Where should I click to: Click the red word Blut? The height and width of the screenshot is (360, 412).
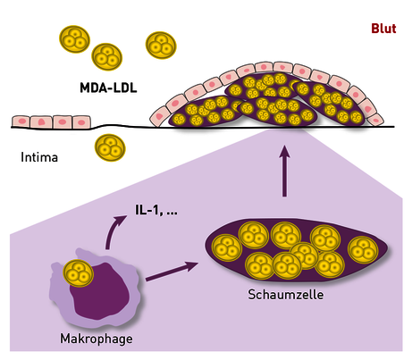383,29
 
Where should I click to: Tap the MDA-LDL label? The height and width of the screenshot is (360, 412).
108,88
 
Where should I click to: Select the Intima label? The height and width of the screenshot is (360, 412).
39,157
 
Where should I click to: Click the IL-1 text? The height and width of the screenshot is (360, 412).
147,210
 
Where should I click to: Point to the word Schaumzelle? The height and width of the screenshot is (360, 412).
286,295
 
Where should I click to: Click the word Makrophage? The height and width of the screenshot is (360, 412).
97,339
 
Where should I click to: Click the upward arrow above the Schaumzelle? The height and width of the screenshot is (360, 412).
285,171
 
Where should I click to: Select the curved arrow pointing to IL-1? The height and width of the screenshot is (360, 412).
113,230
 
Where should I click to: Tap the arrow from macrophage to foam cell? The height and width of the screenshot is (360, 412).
172,272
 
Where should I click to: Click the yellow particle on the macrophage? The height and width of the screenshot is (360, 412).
78,273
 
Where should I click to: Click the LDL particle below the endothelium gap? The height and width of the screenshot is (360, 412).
110,147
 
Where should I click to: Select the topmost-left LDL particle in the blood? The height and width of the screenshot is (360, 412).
74,39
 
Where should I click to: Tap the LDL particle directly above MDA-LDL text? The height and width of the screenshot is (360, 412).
107,57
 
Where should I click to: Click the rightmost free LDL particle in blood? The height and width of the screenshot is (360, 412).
161,46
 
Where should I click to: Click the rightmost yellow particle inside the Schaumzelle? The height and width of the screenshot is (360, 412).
363,250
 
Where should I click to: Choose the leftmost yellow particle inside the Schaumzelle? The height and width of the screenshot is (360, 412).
227,248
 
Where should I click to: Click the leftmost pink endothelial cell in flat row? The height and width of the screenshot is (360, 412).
21,121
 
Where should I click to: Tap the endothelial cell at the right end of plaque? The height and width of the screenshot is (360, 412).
375,120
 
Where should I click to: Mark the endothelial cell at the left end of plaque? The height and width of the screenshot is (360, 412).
159,117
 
